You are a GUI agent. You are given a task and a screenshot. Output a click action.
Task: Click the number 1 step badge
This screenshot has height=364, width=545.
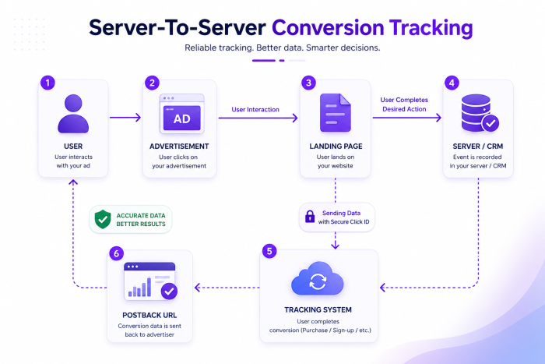[47, 83]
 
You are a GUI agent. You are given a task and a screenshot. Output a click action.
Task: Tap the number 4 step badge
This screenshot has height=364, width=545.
[452, 83]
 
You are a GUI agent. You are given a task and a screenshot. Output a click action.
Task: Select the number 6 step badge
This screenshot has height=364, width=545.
[117, 253]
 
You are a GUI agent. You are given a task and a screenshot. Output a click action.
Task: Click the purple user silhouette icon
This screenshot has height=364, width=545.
[73, 114]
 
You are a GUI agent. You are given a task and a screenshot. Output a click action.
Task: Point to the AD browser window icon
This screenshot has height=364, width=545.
[181, 114]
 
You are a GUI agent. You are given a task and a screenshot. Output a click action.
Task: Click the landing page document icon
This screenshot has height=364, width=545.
[335, 113]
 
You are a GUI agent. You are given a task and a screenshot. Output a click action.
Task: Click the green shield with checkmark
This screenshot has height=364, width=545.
[103, 219]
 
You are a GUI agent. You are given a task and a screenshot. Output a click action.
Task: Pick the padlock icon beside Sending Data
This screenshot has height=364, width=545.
[310, 217]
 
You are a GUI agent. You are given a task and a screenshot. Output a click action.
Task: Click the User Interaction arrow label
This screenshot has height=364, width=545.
[255, 109]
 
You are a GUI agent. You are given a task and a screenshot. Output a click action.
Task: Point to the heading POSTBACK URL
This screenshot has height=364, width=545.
[149, 315]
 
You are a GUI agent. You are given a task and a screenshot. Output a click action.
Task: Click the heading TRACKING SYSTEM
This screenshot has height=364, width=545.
[318, 309]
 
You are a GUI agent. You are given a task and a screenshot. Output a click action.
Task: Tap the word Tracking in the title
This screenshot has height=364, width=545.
[431, 28]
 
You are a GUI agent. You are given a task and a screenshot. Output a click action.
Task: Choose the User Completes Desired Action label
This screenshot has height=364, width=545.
[404, 104]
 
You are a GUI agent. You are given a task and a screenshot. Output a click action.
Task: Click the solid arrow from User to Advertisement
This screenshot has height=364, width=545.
[125, 117]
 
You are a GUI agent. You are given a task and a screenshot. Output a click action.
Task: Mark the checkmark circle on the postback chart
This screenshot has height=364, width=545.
[169, 292]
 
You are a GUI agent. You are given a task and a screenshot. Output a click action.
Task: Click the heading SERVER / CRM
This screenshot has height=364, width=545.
[478, 147]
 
